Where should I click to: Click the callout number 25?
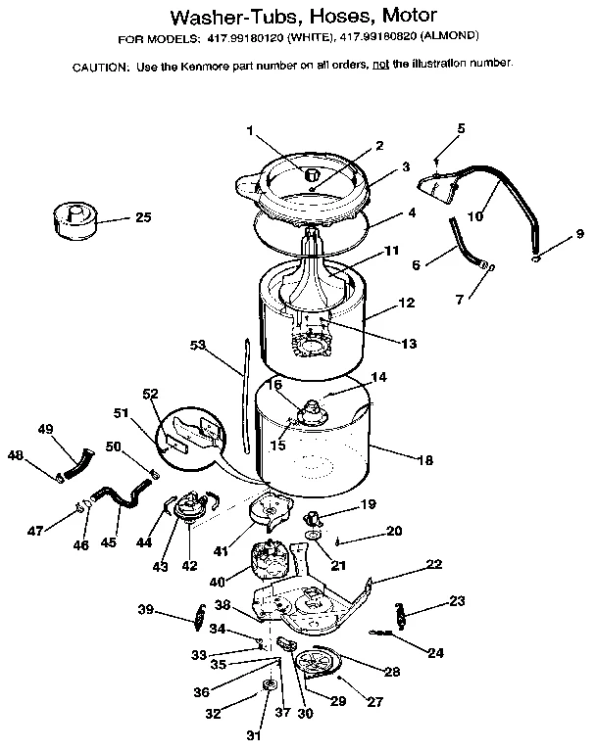point(142,216)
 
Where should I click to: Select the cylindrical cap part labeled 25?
point(74,219)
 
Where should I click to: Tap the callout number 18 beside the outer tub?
point(424,459)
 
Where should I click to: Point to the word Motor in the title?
point(397,17)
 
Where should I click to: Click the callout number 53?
point(197,345)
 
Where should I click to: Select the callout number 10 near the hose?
point(474,215)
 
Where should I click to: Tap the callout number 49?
point(45,429)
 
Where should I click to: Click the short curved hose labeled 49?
point(81,458)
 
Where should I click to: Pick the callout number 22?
point(433,565)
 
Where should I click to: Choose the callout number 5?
point(461,128)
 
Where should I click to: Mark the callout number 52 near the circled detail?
point(151,394)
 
